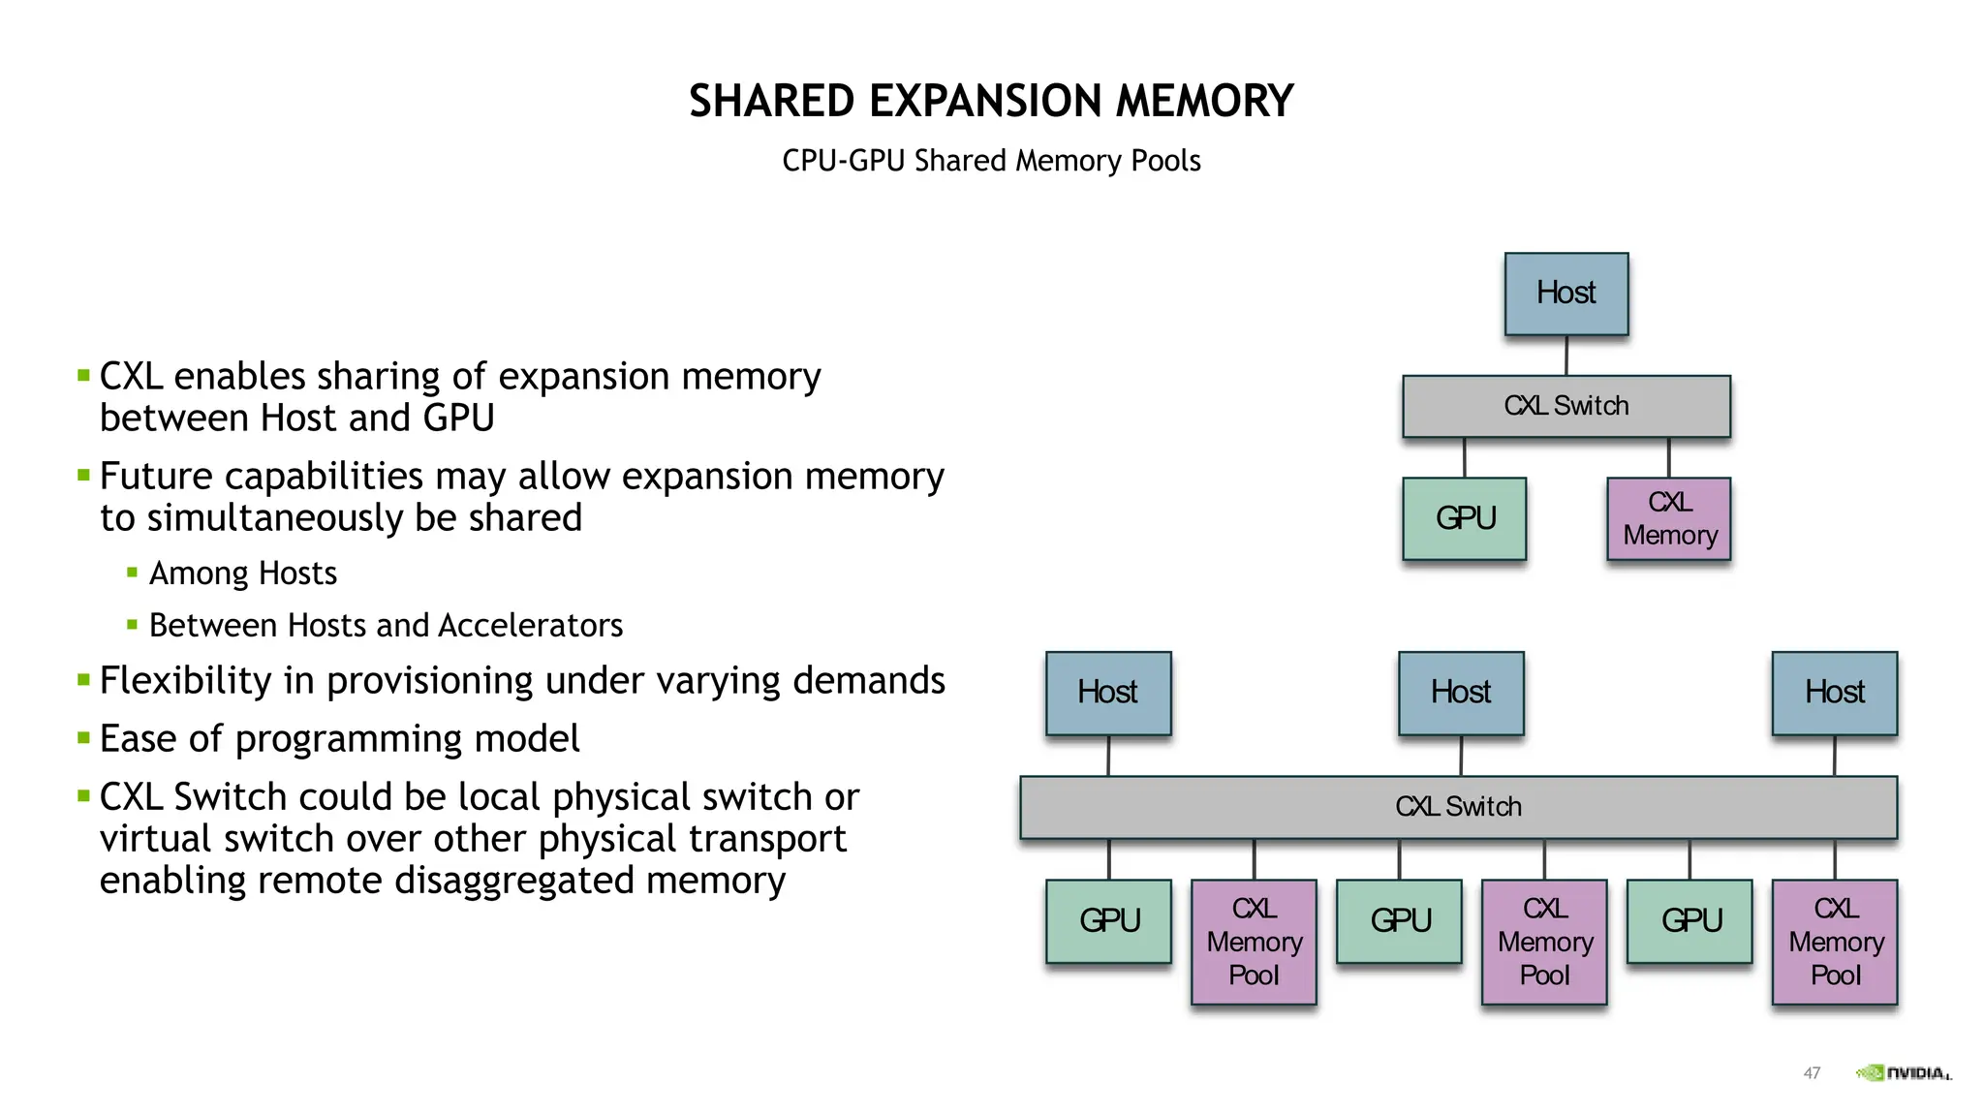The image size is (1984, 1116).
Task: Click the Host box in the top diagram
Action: (x=1565, y=294)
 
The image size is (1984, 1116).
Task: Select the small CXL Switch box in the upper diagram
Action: (x=1565, y=406)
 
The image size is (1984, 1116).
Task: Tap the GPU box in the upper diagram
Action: (x=1464, y=518)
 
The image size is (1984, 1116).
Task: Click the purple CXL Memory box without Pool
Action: (x=1668, y=518)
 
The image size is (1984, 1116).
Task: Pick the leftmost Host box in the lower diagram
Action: (x=1108, y=693)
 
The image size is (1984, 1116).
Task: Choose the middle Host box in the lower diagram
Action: (x=1461, y=693)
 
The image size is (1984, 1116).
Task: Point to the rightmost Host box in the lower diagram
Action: (x=1834, y=693)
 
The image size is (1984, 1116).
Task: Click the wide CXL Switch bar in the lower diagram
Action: (x=1458, y=807)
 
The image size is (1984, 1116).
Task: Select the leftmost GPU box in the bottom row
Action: (x=1108, y=920)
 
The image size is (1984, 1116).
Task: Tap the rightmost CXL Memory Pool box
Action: (x=1834, y=942)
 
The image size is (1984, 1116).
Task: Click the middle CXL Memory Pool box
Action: (x=1544, y=942)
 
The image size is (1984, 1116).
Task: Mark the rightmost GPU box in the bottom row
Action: (x=1689, y=920)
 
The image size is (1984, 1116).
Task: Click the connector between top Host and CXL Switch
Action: (x=1566, y=356)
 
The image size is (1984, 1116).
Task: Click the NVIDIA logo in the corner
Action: (x=1903, y=1072)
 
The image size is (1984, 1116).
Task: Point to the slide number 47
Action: (x=1812, y=1072)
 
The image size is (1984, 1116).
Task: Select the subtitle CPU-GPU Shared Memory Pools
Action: (x=991, y=161)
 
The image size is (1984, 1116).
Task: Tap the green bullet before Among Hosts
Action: (x=133, y=573)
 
